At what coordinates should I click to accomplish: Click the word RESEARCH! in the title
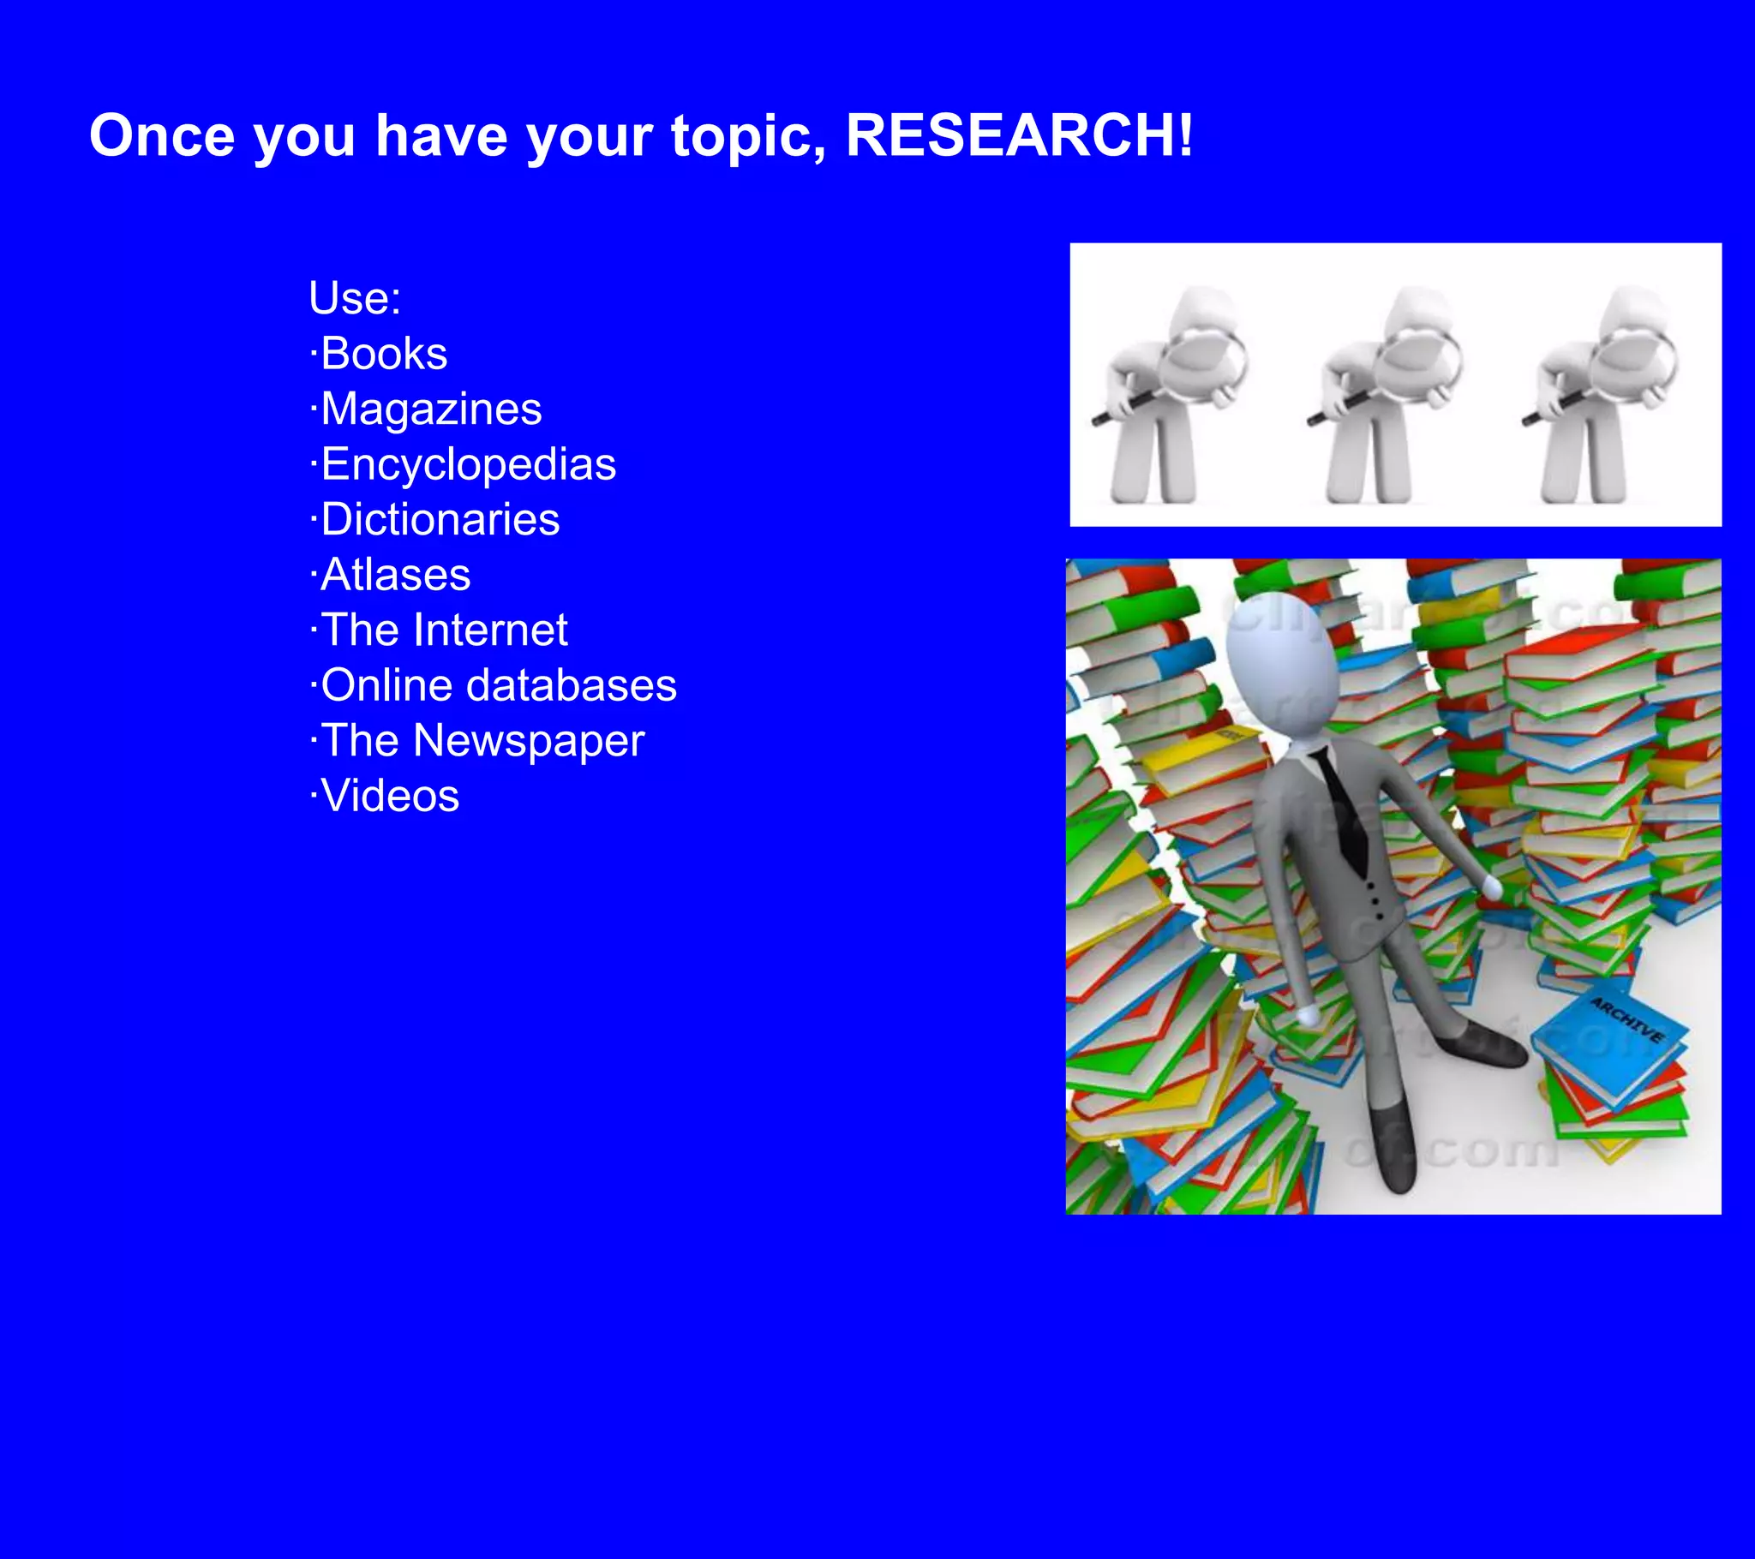[1019, 135]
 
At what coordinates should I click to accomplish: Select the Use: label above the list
[355, 298]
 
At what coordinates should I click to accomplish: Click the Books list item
[383, 354]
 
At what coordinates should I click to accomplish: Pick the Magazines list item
[430, 409]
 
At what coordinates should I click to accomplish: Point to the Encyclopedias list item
[467, 464]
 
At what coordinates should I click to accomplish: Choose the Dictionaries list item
[439, 519]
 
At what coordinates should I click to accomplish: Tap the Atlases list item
[395, 574]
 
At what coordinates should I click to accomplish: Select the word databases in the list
[571, 685]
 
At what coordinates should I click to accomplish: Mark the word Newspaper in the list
[528, 740]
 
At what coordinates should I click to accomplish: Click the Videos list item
[389, 796]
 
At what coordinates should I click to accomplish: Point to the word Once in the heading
[162, 135]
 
